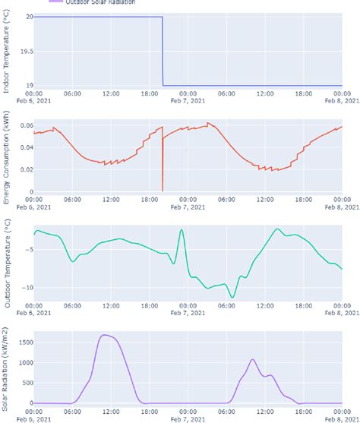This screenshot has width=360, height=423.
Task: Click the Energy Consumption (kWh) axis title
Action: (x=7, y=158)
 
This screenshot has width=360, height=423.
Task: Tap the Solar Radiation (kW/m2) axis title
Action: (x=7, y=369)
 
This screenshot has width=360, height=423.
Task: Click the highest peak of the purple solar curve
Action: (x=106, y=335)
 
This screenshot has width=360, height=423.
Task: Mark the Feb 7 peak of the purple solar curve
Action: (x=253, y=359)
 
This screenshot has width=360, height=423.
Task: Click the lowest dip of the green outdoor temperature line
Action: (x=232, y=298)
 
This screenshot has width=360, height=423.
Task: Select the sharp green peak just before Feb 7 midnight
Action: (x=182, y=229)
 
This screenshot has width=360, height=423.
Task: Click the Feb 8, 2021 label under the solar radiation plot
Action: (x=341, y=418)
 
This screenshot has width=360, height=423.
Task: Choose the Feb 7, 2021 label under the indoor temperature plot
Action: (x=187, y=100)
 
